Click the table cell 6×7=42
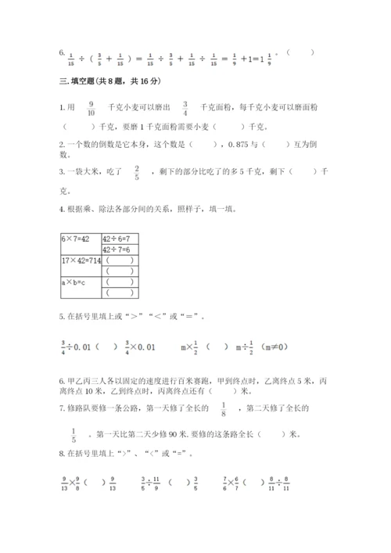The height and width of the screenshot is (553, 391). (x=77, y=237)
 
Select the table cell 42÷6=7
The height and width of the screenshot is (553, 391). (x=117, y=237)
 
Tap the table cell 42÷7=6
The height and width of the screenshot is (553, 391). (x=117, y=249)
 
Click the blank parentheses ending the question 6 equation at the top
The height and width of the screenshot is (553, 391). (x=300, y=53)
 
